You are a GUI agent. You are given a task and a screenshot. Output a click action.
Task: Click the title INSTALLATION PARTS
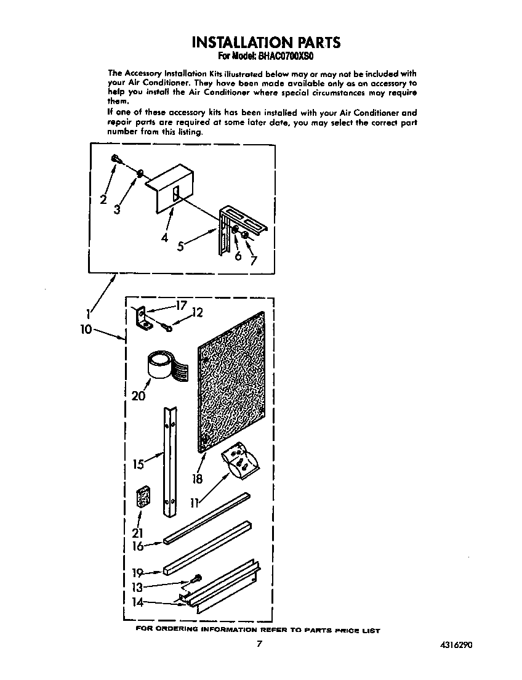point(265,42)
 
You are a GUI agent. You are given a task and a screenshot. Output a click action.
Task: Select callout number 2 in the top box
point(103,199)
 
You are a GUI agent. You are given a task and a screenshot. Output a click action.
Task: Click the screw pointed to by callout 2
point(116,160)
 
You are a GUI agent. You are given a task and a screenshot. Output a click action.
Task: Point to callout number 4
point(164,238)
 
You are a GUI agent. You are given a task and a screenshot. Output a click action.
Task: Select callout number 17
point(180,305)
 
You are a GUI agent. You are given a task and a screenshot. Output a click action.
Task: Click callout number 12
point(196,313)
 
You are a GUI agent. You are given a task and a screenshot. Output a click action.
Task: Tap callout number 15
point(139,463)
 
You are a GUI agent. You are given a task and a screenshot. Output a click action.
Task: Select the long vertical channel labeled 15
point(170,462)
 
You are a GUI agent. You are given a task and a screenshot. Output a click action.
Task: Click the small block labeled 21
point(143,498)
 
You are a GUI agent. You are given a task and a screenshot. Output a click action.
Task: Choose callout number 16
point(138,546)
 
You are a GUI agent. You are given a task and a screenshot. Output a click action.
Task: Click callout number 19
point(139,573)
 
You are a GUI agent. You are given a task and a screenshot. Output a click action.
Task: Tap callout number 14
point(139,602)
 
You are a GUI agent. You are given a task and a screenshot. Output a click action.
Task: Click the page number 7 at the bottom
point(260,644)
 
